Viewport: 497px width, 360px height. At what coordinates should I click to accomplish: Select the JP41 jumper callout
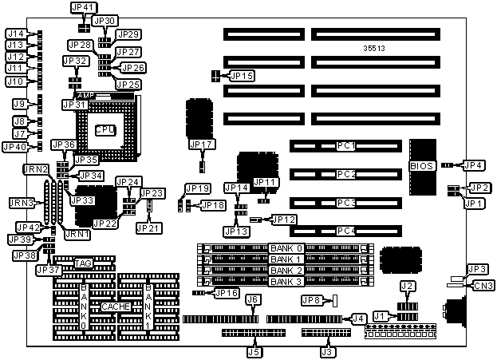coord(83,7)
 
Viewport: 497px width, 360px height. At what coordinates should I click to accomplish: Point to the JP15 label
coord(242,76)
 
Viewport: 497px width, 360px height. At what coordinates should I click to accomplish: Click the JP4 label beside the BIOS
coord(473,165)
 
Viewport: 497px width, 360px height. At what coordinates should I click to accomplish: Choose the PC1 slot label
coord(345,146)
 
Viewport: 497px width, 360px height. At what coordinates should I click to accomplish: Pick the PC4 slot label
coord(345,231)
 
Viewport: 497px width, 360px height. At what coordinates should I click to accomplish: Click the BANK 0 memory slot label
coord(286,248)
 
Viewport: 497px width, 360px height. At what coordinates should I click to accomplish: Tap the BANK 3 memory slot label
coord(286,281)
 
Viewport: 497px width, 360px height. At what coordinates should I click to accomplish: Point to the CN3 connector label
coord(483,285)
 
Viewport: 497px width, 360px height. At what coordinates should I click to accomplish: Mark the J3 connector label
coord(326,350)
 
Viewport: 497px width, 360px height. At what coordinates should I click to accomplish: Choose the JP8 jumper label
coord(312,300)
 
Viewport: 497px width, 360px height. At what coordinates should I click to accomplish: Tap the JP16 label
coord(227,293)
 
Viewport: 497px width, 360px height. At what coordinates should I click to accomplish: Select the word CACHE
coord(113,306)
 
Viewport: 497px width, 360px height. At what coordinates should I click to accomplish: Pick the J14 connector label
coord(16,34)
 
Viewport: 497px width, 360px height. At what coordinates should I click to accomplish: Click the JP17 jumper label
coord(202,144)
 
